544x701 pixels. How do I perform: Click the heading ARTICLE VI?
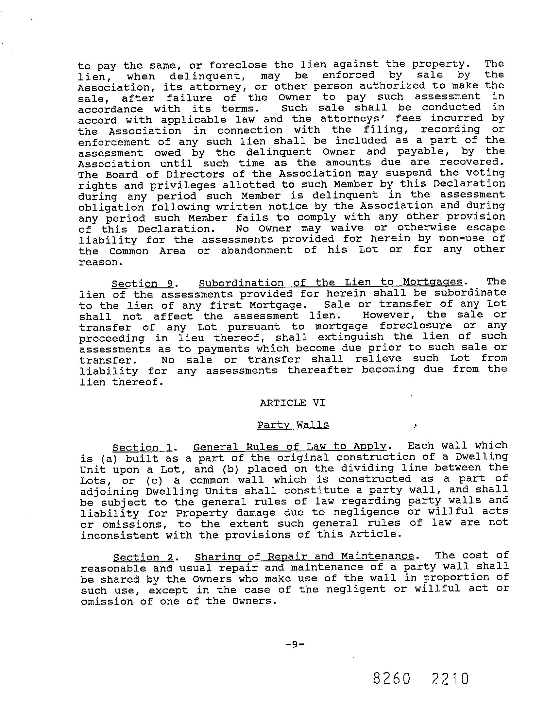point(293,403)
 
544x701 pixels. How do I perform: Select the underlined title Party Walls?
point(293,425)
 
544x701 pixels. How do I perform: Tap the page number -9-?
point(295,644)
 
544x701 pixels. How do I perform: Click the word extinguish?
point(351,337)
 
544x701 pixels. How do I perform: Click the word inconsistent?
point(120,535)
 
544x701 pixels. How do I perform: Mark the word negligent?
point(355,589)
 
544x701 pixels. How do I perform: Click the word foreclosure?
point(416,326)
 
